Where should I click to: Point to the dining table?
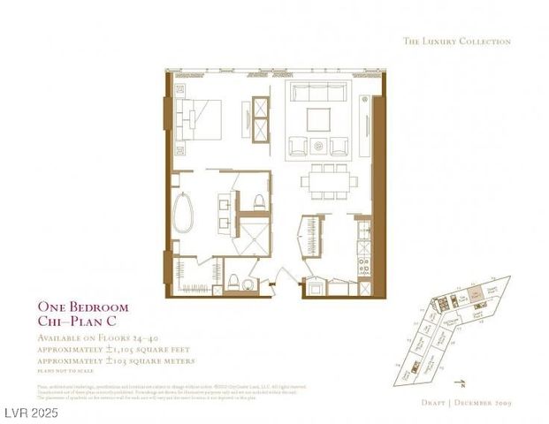(329, 181)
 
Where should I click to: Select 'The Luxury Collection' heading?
(456, 41)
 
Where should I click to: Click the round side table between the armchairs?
(319, 144)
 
